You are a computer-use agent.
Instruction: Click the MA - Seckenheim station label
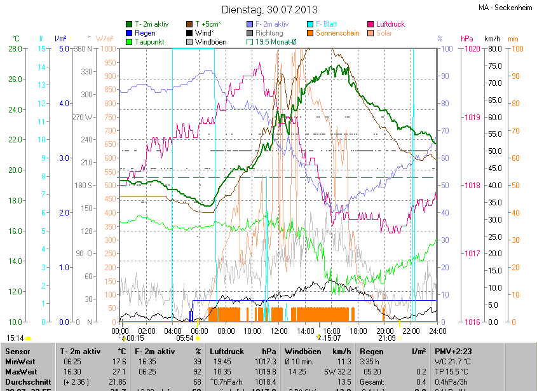pyautogui.click(x=506, y=8)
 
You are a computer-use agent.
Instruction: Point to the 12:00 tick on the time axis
pyautogui.click(x=278, y=331)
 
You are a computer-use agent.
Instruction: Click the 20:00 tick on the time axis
pyautogui.click(x=384, y=331)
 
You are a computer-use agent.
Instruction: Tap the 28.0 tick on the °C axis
pyautogui.click(x=15, y=49)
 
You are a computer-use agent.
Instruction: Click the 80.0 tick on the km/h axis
pyautogui.click(x=494, y=49)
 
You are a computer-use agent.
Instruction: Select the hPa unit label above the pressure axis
pyautogui.click(x=467, y=38)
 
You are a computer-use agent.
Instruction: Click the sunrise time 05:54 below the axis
pyautogui.click(x=184, y=338)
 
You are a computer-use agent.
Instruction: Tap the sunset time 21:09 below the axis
pyautogui.click(x=386, y=338)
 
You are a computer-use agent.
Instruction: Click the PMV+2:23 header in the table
pyautogui.click(x=452, y=351)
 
